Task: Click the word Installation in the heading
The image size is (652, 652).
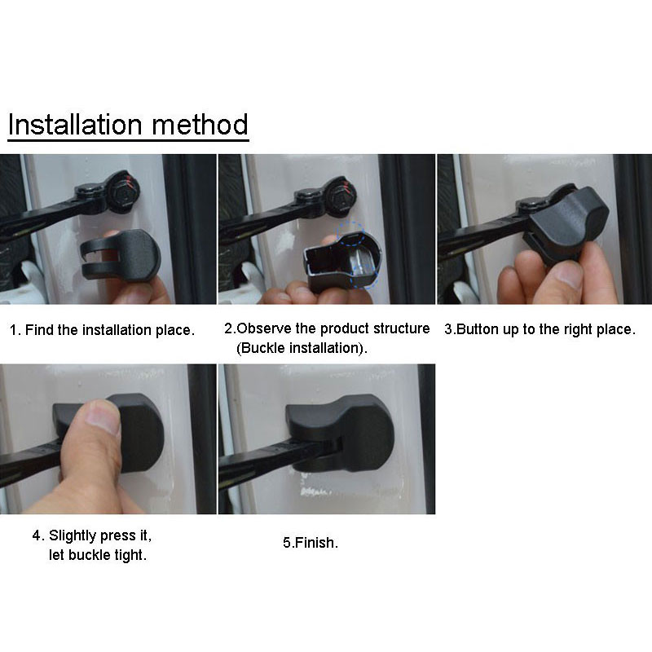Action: pos(75,125)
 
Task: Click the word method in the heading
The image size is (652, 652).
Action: pos(200,125)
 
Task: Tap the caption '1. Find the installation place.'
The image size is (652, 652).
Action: pos(102,330)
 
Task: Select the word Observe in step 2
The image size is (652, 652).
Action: pos(264,328)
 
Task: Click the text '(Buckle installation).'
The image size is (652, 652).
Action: pos(302,348)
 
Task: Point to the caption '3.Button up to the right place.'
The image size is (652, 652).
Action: pos(540,329)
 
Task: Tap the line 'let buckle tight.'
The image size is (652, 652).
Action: pos(98,555)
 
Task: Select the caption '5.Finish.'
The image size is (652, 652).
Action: pos(311,543)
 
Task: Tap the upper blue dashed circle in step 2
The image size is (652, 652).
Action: pos(351,234)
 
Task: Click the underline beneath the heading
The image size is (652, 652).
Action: pos(128,140)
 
